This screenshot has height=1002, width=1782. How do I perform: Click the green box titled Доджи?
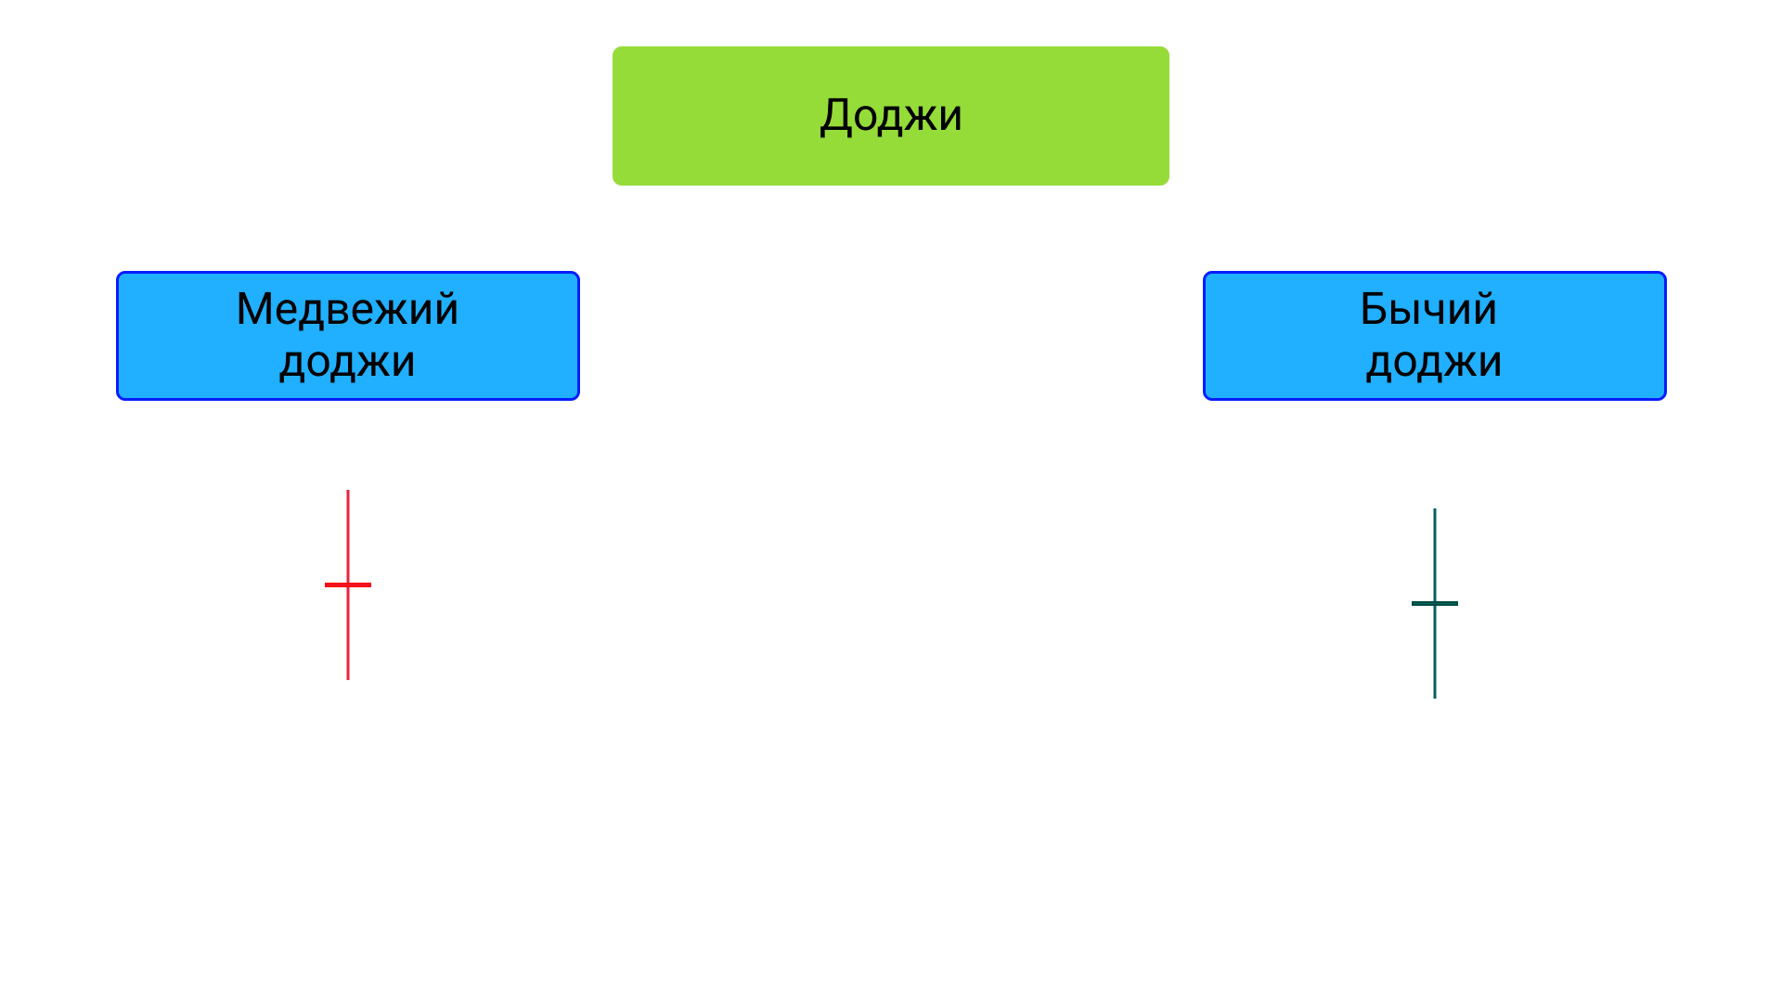click(x=891, y=116)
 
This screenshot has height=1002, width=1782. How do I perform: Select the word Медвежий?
click(x=348, y=308)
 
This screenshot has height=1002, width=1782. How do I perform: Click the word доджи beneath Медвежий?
click(x=348, y=362)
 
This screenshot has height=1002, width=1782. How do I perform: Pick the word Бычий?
click(x=1428, y=308)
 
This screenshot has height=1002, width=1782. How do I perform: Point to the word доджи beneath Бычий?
click(x=1434, y=362)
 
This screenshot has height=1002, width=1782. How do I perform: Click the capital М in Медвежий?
click(x=257, y=309)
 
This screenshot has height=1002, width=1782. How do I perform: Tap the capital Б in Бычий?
click(x=1375, y=309)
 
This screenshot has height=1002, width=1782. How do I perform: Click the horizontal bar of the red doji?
click(x=348, y=584)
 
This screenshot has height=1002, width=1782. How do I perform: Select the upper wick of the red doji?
click(x=348, y=536)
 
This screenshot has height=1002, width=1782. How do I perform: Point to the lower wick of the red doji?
click(x=348, y=634)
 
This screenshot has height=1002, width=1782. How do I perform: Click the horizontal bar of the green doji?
click(x=1435, y=603)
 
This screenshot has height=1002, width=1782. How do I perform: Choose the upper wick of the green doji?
click(x=1435, y=555)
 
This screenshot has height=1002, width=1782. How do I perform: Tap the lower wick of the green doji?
click(x=1435, y=652)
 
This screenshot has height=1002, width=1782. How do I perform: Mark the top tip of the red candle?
click(x=348, y=491)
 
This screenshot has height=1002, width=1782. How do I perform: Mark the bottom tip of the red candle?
click(x=348, y=679)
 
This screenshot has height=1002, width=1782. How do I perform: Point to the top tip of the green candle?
click(x=1435, y=509)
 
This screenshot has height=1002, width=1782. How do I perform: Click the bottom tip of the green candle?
click(x=1435, y=698)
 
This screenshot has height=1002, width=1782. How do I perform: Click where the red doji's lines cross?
click(x=348, y=584)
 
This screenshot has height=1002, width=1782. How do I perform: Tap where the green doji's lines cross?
click(x=1435, y=603)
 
